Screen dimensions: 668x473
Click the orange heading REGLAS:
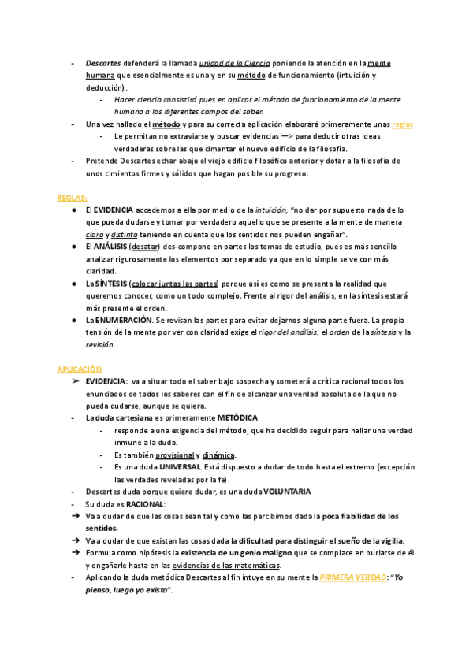pos(72,198)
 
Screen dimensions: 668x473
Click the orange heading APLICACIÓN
pos(79,369)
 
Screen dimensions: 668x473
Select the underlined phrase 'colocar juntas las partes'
pos(174,284)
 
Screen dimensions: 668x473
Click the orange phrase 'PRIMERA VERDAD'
pos(352,577)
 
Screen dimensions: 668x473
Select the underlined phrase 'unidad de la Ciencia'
pos(235,63)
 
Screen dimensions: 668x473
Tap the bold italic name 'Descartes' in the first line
pos(103,63)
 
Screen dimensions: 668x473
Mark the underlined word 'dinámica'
pos(218,455)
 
